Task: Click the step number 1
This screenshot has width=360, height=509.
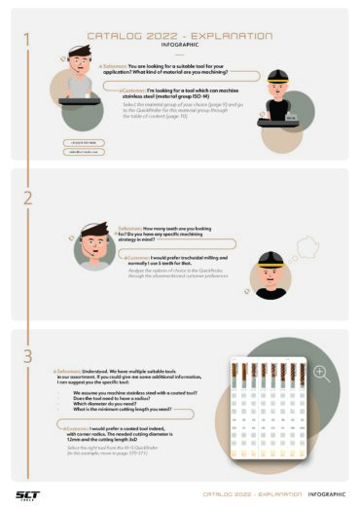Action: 28,40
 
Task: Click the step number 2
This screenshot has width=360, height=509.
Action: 28,197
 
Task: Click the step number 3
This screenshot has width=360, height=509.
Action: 28,357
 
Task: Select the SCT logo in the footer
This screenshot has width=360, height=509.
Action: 28,493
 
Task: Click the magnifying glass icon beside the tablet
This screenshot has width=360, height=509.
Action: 321,373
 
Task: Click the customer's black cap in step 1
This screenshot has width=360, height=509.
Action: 276,76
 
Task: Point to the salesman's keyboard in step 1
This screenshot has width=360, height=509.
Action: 79,101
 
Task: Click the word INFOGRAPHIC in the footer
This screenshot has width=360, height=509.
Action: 326,494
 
